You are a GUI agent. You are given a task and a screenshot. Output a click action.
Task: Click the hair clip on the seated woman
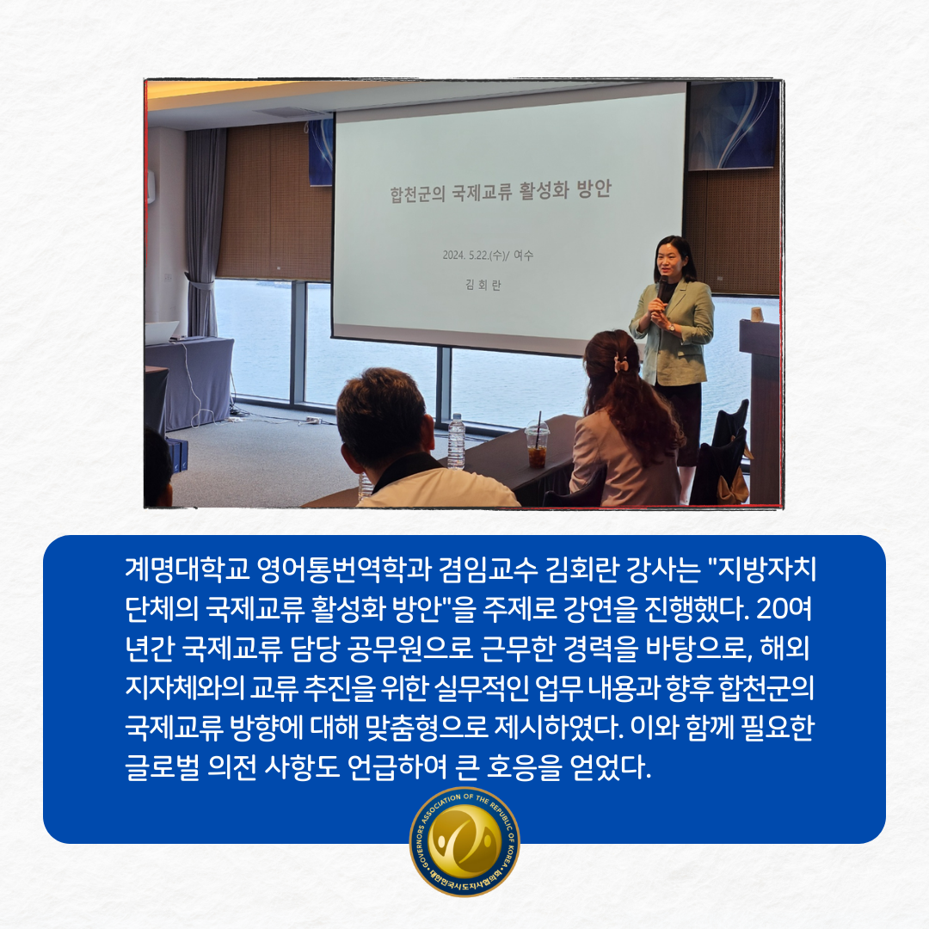[x=620, y=362]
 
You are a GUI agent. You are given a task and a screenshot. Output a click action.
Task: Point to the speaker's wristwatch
[x=671, y=327]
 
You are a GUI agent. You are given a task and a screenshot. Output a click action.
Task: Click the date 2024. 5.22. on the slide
[x=465, y=255]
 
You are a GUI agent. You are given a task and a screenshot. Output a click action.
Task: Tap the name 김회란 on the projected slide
[x=483, y=285]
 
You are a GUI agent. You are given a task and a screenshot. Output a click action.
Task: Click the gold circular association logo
[x=464, y=841]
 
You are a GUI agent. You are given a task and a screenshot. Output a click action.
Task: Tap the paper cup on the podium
[x=757, y=314]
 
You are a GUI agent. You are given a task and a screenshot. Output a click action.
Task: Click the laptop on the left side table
[x=161, y=332]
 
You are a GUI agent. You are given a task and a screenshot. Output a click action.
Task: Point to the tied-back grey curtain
[x=204, y=231]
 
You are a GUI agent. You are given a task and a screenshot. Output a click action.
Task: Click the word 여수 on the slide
[x=523, y=255]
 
